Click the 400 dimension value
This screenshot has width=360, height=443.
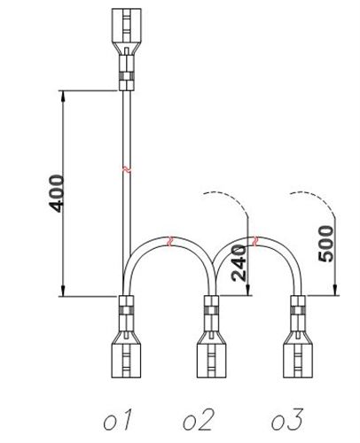pyautogui.click(x=57, y=194)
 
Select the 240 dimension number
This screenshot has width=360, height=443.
pyautogui.click(x=239, y=263)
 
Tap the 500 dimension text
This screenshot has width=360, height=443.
pyautogui.click(x=325, y=244)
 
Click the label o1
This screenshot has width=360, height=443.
pyautogui.click(x=117, y=419)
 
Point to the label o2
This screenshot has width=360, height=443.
pyautogui.click(x=198, y=419)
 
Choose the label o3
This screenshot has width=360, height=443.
pyautogui.click(x=287, y=419)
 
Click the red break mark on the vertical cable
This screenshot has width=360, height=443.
pyautogui.click(x=127, y=169)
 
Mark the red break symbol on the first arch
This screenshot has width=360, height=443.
pyautogui.click(x=169, y=241)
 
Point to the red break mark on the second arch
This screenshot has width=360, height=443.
pyautogui.click(x=255, y=241)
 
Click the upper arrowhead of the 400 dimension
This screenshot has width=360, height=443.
pyautogui.click(x=63, y=96)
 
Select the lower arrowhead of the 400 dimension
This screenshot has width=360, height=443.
pyautogui.click(x=63, y=291)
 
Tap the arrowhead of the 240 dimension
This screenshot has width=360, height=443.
pyautogui.click(x=248, y=290)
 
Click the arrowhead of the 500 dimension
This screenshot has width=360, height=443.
pyautogui.click(x=334, y=290)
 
